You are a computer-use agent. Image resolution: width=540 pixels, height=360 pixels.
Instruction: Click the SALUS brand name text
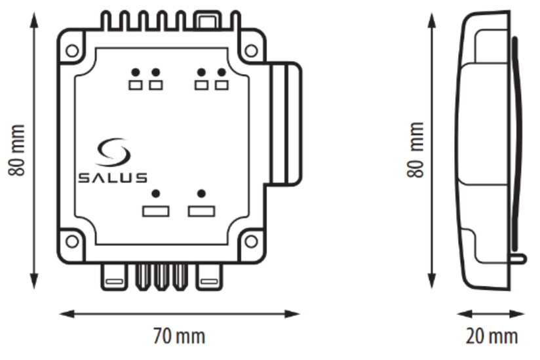pos(113,178)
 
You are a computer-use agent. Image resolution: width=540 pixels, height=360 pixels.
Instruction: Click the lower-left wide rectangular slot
pos(156,211)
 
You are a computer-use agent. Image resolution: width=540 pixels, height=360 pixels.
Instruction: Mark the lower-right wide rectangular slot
pos(201,211)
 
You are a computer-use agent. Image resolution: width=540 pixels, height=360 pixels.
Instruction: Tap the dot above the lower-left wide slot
pos(156,193)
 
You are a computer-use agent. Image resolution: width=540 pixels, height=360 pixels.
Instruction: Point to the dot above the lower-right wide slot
pos(201,193)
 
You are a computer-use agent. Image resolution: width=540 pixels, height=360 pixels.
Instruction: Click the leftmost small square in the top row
pos(136,85)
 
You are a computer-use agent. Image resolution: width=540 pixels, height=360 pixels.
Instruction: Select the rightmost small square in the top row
pos(222,85)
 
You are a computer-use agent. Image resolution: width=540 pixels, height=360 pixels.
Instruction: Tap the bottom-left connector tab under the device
pos(113,278)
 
